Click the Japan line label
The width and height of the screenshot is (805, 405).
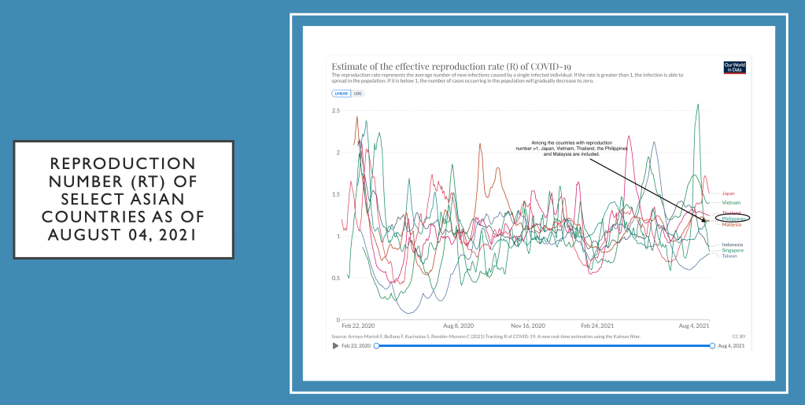[728, 193]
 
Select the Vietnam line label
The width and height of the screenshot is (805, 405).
[731, 203]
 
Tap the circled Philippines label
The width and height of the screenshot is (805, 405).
[733, 219]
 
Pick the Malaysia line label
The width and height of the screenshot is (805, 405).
[731, 225]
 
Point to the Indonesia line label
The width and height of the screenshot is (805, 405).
[733, 245]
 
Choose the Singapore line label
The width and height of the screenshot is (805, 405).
[733, 250]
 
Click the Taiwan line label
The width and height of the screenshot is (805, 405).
[729, 256]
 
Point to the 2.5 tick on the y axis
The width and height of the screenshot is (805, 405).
[335, 111]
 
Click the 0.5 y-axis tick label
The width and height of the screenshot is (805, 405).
[335, 278]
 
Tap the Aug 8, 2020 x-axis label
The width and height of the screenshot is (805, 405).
[458, 325]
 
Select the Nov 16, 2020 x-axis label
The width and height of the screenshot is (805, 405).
[527, 325]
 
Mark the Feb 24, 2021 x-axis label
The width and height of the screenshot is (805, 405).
[597, 325]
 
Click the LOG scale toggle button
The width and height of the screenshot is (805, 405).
[358, 94]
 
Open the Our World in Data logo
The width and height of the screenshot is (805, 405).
[733, 68]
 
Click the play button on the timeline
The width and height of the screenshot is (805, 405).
[336, 345]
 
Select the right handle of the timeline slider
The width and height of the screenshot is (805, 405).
[712, 345]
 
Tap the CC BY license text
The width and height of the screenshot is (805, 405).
[738, 337]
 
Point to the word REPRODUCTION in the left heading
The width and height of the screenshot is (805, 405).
[123, 164]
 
